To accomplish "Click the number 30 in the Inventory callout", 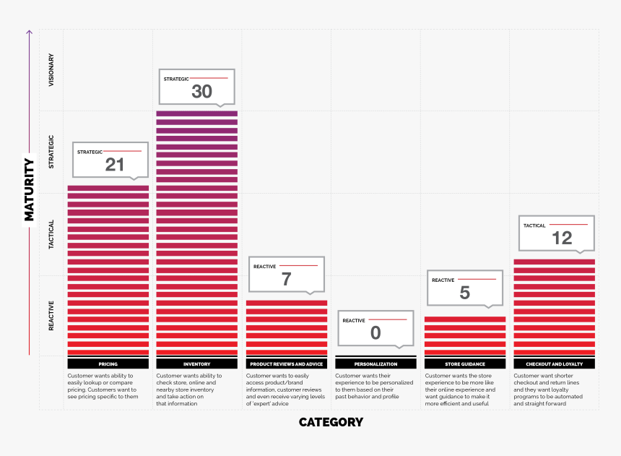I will [x=201, y=91].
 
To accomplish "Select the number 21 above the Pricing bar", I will [x=115, y=165].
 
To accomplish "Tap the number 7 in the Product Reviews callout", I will [x=286, y=279].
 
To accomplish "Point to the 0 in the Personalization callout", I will [x=375, y=333].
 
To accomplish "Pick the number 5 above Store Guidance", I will [x=464, y=293].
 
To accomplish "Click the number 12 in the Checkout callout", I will [x=561, y=238].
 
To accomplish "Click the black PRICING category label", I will [x=108, y=364].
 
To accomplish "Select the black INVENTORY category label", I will [x=197, y=364].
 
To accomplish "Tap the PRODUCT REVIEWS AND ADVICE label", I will [x=286, y=364].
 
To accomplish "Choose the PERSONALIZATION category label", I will [x=375, y=364].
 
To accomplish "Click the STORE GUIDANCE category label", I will [x=465, y=364].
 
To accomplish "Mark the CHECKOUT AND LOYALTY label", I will [x=554, y=364].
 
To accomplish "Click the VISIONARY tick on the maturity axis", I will [x=51, y=70].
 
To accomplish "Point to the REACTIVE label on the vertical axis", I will [x=51, y=317].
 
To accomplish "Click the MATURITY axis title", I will [x=30, y=189].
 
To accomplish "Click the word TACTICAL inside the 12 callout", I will [x=534, y=225].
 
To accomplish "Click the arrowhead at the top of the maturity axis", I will [x=30, y=33].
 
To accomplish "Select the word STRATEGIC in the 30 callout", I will [x=175, y=79].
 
